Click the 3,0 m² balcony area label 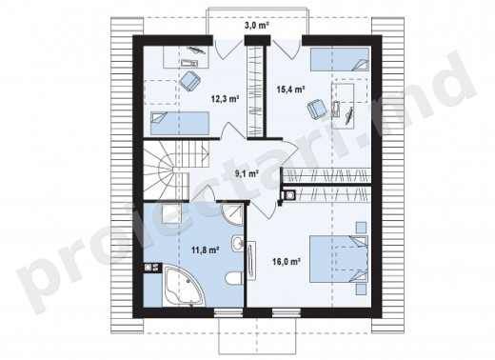click(257, 26)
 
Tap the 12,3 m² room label click(225, 99)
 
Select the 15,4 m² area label click(290, 90)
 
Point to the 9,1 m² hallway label click(247, 173)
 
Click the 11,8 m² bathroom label click(206, 250)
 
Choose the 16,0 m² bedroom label click(287, 261)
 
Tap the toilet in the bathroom click(234, 278)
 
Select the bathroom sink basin click(237, 244)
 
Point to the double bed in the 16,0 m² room click(339, 258)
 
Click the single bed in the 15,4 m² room click(340, 59)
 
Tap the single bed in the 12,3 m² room click(180, 123)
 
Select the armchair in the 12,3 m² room click(189, 81)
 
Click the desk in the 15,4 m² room click(343, 106)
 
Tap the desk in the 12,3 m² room click(187, 57)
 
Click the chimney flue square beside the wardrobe click(289, 195)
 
